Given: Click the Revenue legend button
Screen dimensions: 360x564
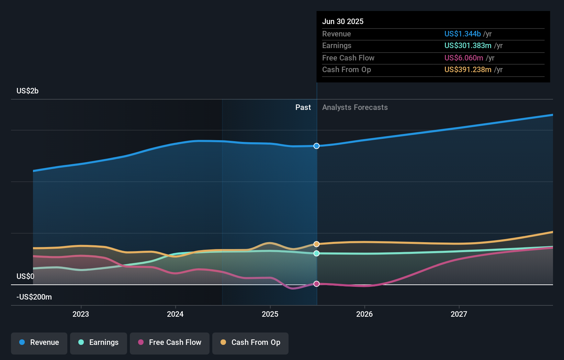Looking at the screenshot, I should click(39, 342).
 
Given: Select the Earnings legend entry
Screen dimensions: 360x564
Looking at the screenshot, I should click(99, 342).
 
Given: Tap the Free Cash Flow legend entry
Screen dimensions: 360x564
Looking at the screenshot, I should click(170, 342).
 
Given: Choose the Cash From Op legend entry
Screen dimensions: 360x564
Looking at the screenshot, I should click(250, 342).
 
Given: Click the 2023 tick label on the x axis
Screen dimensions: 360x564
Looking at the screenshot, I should click(81, 314).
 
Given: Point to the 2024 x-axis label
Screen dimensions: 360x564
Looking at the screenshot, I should click(175, 314).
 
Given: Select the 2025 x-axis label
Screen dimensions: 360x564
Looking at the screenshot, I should click(270, 314).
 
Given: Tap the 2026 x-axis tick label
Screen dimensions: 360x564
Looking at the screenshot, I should click(364, 314).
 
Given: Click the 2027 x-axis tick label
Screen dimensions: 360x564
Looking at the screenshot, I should click(459, 314).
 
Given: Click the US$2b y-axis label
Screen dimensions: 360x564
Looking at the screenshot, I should click(27, 91).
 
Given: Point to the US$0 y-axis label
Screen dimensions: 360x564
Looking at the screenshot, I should click(25, 276).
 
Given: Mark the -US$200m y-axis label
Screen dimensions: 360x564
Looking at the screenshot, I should click(34, 297).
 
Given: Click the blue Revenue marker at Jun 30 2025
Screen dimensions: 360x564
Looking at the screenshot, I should click(316, 146).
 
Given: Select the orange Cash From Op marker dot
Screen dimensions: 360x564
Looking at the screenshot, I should click(316, 244).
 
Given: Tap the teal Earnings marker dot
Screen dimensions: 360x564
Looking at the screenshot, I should click(316, 254).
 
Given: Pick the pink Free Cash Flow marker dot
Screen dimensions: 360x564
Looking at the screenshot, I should click(316, 284).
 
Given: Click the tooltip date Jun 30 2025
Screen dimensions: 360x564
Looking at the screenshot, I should click(342, 21).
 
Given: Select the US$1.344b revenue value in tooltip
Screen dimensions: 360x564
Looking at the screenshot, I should click(462, 34).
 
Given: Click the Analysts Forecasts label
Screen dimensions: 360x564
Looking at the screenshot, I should click(355, 107).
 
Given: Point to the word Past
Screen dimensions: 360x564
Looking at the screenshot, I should click(303, 107).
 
